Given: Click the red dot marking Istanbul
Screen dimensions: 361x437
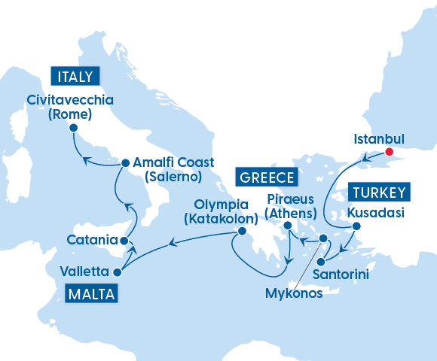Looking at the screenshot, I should point(390,152).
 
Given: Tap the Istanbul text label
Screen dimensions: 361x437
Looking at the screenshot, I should point(379,139).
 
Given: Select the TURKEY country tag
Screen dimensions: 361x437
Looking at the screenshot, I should point(379,191).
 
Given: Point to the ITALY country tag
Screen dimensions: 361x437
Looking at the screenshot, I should point(74,76).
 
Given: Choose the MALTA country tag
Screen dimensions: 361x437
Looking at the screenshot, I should point(90,293).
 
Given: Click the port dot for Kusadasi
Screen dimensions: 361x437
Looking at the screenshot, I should point(356,226).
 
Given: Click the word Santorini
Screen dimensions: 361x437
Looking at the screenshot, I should point(341,275).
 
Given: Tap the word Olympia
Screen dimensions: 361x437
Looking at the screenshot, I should point(221,205).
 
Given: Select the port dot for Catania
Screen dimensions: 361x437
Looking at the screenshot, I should point(123,241).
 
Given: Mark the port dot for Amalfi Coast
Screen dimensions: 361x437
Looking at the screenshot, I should point(125,162).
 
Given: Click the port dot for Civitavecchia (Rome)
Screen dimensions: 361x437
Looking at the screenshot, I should point(73,128).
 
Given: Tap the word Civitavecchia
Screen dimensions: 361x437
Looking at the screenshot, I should point(69,100).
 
